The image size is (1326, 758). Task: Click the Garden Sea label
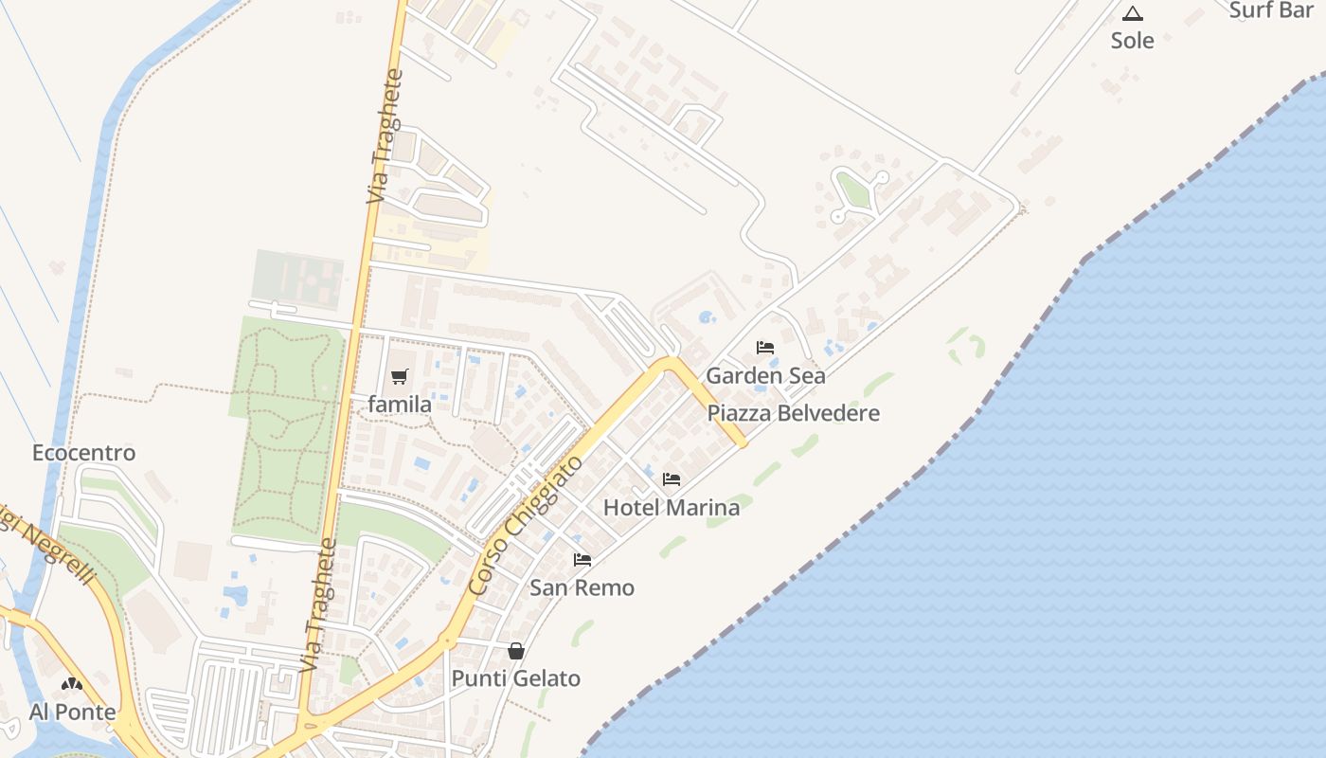coord(765,375)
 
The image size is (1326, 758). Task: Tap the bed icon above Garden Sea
coord(765,348)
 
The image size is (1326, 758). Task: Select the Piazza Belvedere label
coord(794,413)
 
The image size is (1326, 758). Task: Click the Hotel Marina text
coord(672,507)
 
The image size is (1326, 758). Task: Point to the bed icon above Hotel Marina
coord(672,479)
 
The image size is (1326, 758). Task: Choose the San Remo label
coord(582,587)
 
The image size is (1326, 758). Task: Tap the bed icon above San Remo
coord(582,560)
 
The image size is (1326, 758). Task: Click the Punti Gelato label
coord(515,678)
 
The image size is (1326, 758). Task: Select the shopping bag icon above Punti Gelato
coord(516,651)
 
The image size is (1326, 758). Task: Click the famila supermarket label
coord(400,405)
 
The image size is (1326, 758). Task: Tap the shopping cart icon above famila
coord(400,376)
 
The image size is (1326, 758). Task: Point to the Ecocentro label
coord(84,453)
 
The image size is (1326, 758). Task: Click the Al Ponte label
coord(73,712)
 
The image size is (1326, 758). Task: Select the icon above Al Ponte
coord(72,684)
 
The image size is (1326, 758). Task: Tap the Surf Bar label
coord(1270,10)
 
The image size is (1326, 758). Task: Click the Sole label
coord(1133,40)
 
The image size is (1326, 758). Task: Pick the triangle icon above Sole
coord(1133,13)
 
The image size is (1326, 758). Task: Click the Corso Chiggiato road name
coord(526,524)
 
